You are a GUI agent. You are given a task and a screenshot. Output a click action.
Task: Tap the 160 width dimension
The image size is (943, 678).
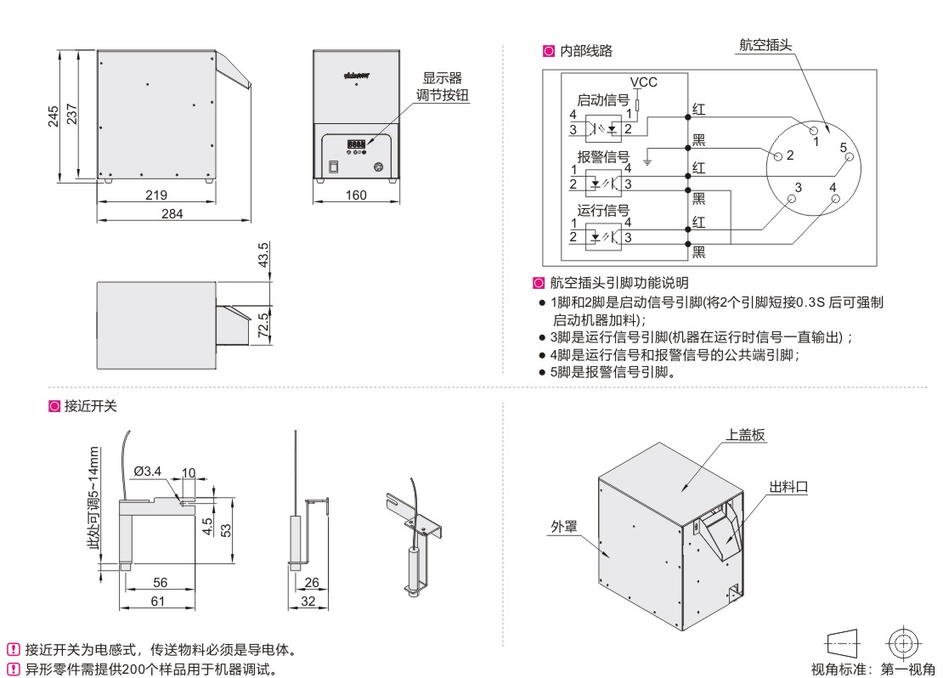pyautogui.click(x=357, y=195)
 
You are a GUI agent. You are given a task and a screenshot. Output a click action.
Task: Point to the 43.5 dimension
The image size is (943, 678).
pyautogui.click(x=263, y=255)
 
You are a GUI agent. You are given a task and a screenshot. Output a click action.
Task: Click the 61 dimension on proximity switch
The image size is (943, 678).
pyautogui.click(x=157, y=601)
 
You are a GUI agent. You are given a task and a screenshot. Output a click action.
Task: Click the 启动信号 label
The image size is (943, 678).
pyautogui.click(x=603, y=99)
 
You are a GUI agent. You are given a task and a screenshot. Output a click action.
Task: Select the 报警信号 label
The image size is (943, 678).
pyautogui.click(x=603, y=156)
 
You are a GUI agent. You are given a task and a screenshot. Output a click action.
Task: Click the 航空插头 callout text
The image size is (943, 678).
pyautogui.click(x=761, y=45)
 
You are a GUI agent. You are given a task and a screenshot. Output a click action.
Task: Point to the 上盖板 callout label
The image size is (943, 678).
pyautogui.click(x=746, y=434)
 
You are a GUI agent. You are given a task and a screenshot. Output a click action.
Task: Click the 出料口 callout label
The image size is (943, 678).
pyautogui.click(x=788, y=486)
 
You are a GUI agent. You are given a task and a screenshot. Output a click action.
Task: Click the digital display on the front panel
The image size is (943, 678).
pyautogui.click(x=356, y=143)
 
